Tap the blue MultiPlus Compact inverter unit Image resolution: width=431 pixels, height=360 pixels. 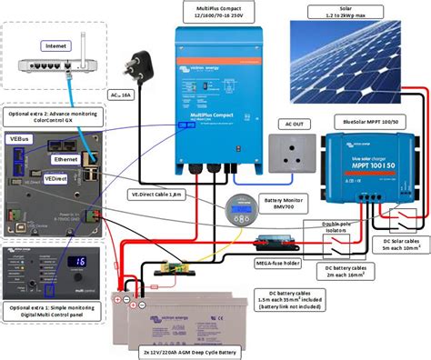(x=215, y=101)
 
